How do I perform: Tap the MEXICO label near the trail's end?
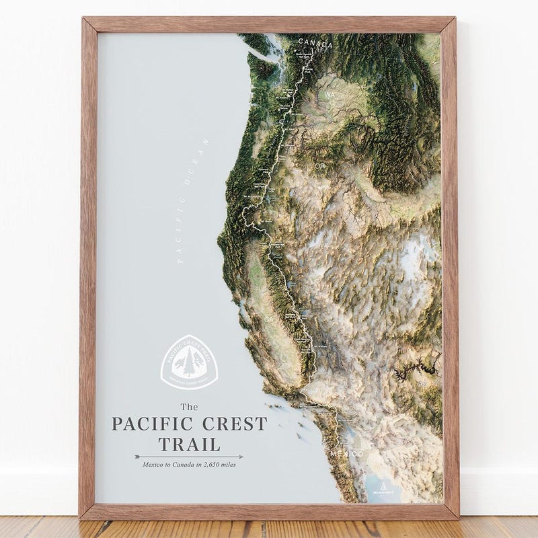pyautogui.click(x=348, y=454)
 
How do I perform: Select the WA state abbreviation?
pyautogui.click(x=330, y=95)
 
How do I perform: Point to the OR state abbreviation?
pyautogui.click(x=320, y=165)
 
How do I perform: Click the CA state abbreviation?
pyautogui.click(x=270, y=318)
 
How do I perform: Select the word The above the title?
pyautogui.click(x=190, y=406)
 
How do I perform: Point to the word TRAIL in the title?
pyautogui.click(x=189, y=444)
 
